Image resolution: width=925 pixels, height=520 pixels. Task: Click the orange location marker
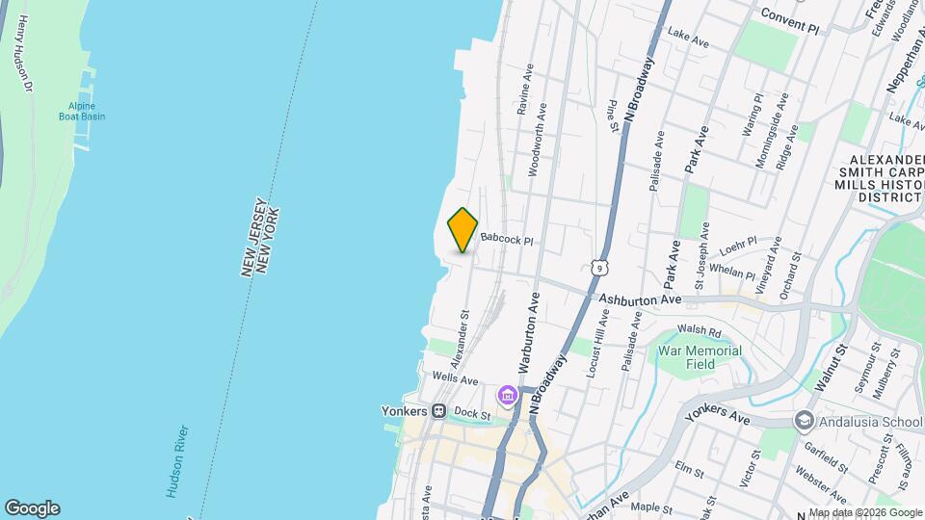click(463, 229)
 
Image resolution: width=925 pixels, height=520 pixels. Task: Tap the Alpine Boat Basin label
click(87, 112)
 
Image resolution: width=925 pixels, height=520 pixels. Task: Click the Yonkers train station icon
click(438, 411)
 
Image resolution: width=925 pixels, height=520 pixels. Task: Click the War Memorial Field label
click(700, 357)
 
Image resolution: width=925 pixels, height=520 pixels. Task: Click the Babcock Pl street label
click(507, 238)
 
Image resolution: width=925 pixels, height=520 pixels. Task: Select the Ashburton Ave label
click(640, 300)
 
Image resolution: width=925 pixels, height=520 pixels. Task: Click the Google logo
click(32, 507)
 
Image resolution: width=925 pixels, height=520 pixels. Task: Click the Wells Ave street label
click(456, 380)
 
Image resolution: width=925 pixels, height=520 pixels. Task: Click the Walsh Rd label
click(700, 331)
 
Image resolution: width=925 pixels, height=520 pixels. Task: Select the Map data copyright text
click(864, 512)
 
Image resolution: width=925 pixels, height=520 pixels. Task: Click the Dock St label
click(472, 414)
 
